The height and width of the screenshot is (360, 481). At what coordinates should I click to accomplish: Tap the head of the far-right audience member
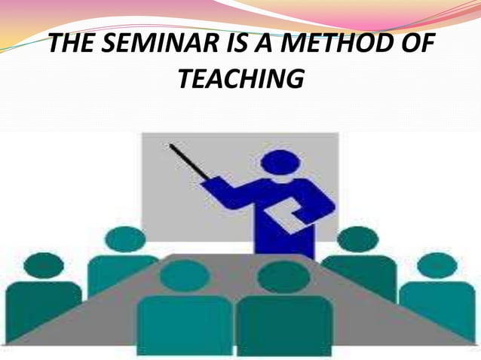[437, 265]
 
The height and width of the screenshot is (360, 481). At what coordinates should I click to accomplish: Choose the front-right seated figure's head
[283, 276]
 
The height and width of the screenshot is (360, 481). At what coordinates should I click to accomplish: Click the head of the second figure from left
[124, 239]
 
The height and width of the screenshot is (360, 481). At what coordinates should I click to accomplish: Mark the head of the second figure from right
[357, 239]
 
